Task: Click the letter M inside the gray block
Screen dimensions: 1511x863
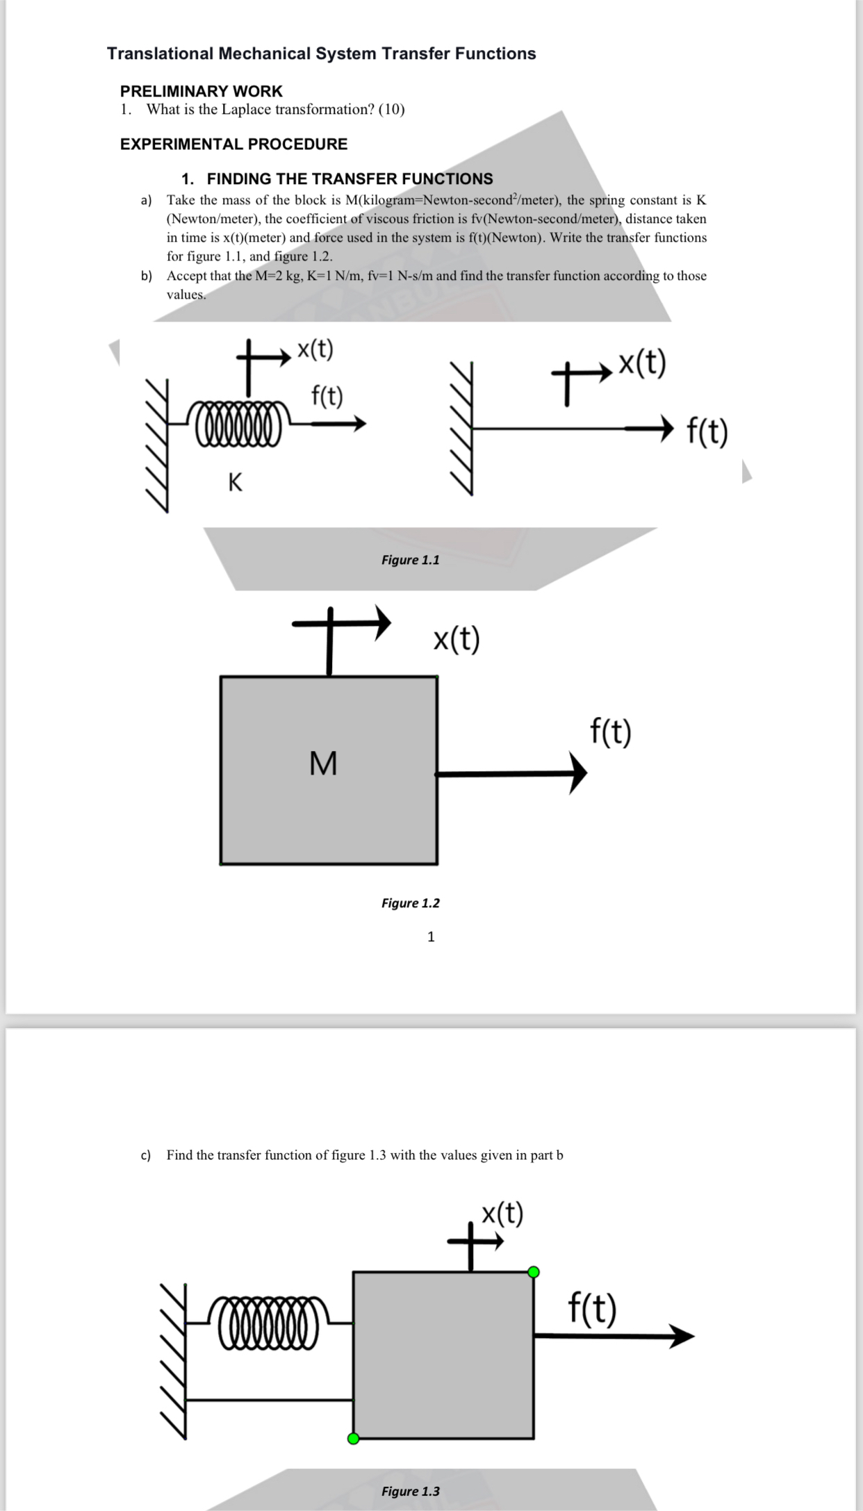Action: (x=323, y=763)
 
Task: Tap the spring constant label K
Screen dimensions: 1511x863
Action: (x=236, y=481)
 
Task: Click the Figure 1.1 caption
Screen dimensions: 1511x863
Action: (x=410, y=560)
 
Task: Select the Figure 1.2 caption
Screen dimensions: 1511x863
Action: (x=410, y=903)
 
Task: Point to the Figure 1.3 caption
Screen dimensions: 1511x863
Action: (x=410, y=1491)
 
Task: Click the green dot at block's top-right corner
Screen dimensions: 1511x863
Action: (x=534, y=1272)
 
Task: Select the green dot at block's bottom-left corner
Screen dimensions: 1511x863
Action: (x=354, y=1438)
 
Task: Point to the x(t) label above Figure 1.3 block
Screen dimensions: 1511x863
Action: (x=502, y=1214)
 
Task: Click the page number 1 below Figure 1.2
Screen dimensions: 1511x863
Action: (x=431, y=936)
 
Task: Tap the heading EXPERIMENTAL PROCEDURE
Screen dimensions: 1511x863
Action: (x=233, y=144)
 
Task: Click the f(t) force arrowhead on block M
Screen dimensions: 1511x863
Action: (x=579, y=773)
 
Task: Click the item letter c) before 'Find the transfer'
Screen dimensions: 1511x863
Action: (x=146, y=1155)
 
